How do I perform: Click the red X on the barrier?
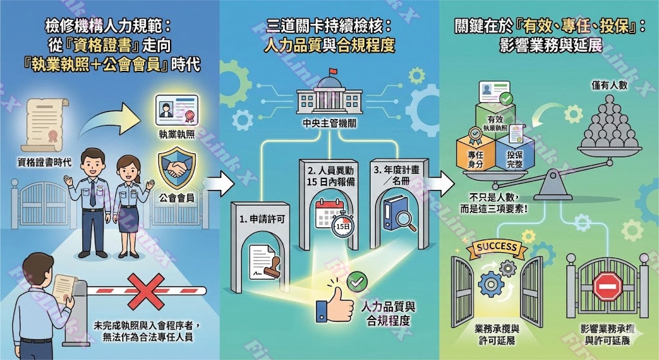149,290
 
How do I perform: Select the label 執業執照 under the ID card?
176,136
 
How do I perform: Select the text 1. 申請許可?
261,219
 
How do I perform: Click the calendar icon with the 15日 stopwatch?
333,216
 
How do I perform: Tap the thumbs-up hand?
331,302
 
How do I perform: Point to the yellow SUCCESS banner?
496,247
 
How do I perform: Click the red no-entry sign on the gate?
606,287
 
